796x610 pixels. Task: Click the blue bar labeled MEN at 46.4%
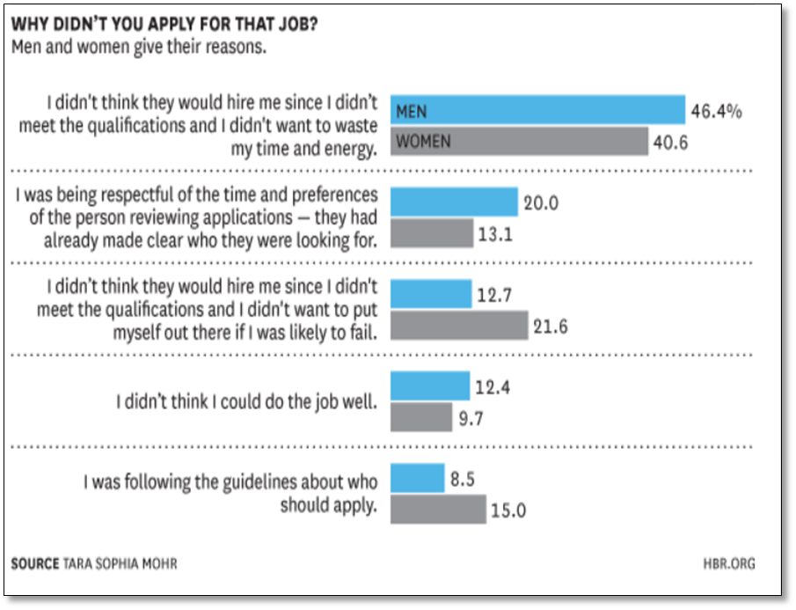point(537,110)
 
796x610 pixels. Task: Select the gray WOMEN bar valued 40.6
point(519,142)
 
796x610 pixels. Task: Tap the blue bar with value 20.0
point(453,202)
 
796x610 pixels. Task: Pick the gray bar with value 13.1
point(431,233)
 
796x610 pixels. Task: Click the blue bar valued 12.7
point(430,293)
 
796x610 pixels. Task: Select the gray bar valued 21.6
point(458,325)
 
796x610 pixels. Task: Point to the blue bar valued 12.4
point(429,386)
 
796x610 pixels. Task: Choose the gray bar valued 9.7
point(420,416)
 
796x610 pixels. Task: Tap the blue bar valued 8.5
point(417,478)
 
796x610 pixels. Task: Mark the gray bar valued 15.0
point(437,509)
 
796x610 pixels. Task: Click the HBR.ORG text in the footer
point(729,563)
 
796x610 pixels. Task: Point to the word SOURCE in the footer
point(35,563)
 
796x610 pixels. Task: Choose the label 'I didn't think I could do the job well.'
point(247,401)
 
